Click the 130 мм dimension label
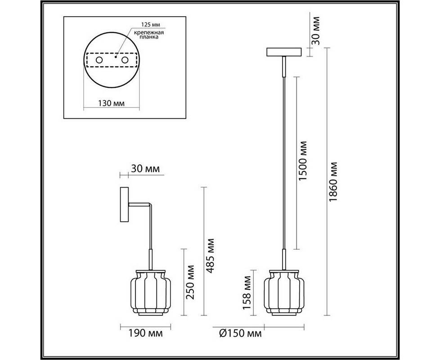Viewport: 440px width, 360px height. click(112, 103)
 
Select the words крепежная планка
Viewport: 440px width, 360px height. click(148, 35)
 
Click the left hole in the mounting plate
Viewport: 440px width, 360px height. click(99, 60)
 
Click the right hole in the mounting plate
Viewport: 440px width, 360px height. click(125, 60)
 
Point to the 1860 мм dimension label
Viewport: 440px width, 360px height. click(333, 181)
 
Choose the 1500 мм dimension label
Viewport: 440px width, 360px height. click(303, 161)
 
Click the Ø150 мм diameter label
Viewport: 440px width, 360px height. click(240, 333)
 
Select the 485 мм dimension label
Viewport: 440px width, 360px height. click(210, 256)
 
